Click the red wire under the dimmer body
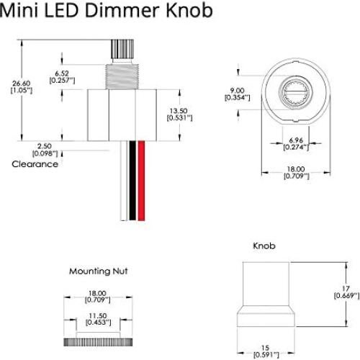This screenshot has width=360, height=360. point(142,180)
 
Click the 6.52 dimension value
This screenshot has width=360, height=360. point(63,73)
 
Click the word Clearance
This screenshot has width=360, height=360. point(35,164)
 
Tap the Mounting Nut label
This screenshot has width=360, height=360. point(99,271)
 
